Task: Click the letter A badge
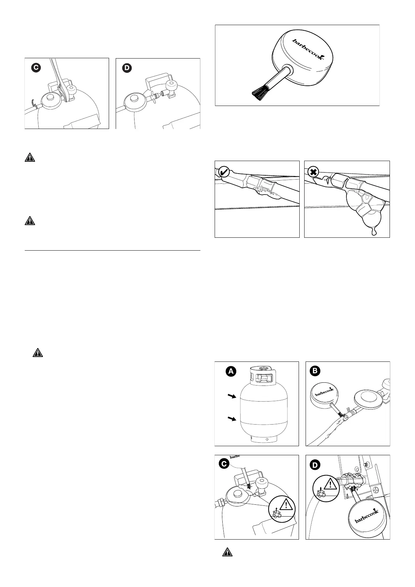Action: (x=230, y=372)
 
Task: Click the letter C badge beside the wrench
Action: (x=35, y=68)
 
